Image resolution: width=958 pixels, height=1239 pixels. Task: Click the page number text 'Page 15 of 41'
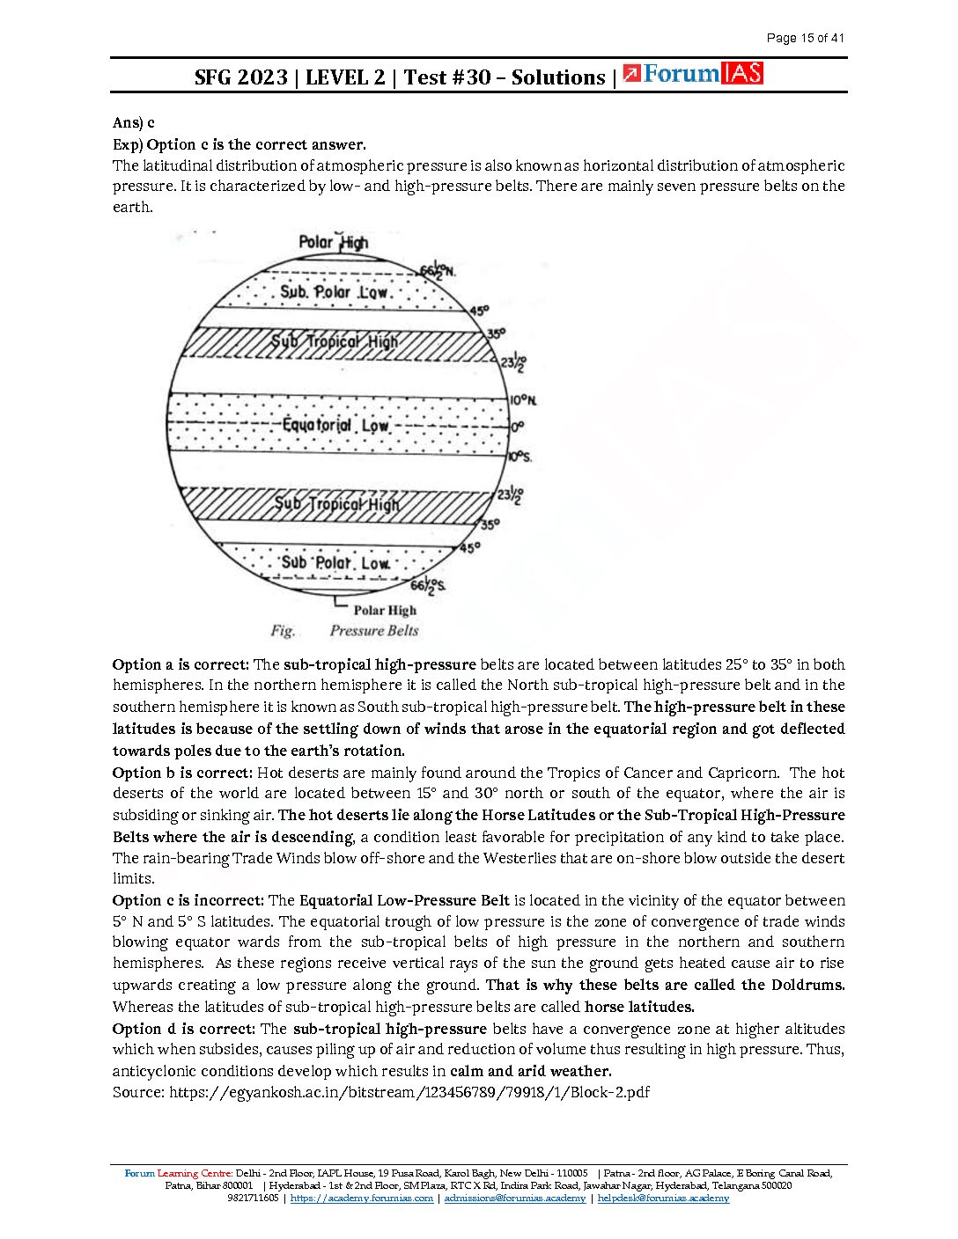click(805, 38)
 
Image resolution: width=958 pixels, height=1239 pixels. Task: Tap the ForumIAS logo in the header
click(693, 74)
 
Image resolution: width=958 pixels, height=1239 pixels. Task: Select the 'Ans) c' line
click(134, 123)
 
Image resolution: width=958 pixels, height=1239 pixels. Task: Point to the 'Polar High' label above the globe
click(334, 242)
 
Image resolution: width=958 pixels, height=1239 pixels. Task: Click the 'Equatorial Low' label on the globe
click(335, 426)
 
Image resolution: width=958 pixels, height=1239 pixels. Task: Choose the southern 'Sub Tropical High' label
click(336, 504)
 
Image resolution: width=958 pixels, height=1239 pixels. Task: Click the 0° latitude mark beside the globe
click(517, 427)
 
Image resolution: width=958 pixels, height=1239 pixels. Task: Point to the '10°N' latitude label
click(523, 400)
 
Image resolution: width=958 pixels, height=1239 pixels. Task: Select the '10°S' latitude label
click(520, 457)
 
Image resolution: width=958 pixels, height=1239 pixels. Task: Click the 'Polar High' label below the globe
click(385, 610)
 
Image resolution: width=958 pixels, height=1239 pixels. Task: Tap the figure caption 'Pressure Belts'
click(374, 631)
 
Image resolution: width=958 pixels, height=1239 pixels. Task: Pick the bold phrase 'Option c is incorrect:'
click(188, 900)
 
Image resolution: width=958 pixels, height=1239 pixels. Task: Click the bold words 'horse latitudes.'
click(639, 1007)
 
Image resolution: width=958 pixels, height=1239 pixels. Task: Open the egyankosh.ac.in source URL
click(409, 1092)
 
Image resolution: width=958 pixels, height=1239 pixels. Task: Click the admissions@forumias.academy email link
click(514, 1199)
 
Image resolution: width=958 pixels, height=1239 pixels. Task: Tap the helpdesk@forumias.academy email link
click(663, 1199)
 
